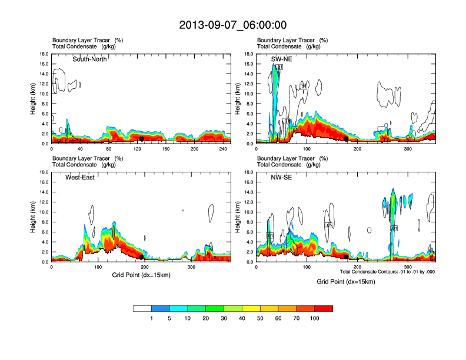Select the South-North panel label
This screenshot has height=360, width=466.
tap(89, 59)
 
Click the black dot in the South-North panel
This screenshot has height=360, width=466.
tap(142, 139)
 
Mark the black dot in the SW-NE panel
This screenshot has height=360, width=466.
tap(347, 138)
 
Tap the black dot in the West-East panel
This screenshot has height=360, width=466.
tap(142, 257)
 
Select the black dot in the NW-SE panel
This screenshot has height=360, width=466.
tap(346, 256)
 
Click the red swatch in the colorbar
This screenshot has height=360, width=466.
tap(324, 308)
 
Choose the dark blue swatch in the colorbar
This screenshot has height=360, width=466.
tap(160, 308)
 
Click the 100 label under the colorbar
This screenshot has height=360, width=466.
tap(315, 318)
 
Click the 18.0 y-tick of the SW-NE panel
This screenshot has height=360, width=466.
tap(249, 54)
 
